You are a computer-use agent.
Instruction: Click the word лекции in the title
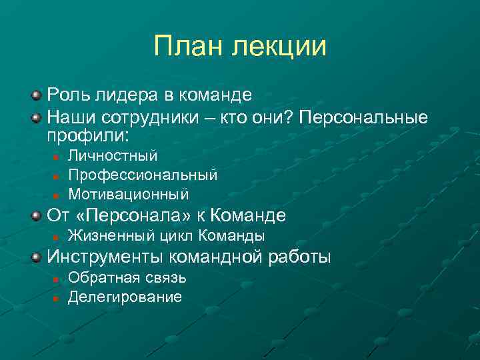click(x=280, y=47)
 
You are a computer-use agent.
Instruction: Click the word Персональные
click(x=363, y=117)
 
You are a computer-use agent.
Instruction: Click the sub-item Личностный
click(x=113, y=156)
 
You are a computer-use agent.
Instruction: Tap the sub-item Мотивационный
click(x=128, y=195)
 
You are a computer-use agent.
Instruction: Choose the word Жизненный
click(x=111, y=237)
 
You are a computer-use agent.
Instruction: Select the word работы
click(x=299, y=257)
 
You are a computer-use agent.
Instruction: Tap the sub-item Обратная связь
click(x=127, y=278)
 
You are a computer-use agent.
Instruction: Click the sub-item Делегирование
click(x=125, y=297)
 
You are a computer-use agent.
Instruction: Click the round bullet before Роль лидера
click(x=37, y=95)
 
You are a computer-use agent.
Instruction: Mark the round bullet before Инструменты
click(x=37, y=257)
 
